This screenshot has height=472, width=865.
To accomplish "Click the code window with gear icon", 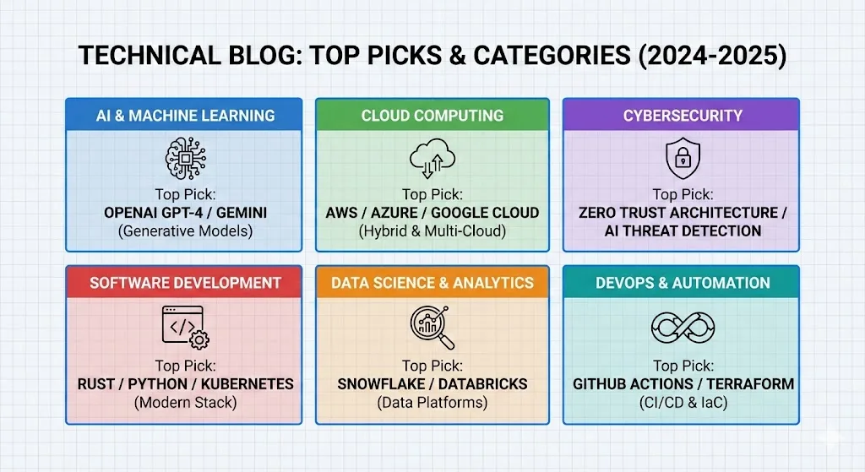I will click(185, 326).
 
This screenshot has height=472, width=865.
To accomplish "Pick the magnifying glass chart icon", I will click(432, 327).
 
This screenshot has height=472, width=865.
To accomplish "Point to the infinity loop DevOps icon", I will click(683, 327).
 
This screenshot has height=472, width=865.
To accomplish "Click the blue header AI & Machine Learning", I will click(184, 116).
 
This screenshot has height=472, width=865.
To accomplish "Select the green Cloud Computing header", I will click(432, 116).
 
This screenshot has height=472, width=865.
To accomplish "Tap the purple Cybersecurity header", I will click(683, 116).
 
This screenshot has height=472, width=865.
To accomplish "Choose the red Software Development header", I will click(184, 282).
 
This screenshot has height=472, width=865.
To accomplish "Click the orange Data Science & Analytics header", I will click(432, 282).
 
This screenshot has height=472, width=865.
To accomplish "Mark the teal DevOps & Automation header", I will click(683, 282).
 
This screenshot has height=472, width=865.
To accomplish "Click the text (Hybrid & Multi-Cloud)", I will click(432, 230).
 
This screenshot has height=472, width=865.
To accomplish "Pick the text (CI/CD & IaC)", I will click(683, 402).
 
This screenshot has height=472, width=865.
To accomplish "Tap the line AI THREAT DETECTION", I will click(683, 231).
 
